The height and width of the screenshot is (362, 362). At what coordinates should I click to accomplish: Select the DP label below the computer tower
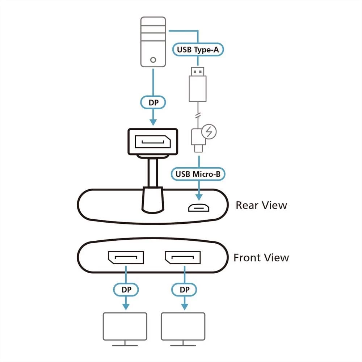(153, 103)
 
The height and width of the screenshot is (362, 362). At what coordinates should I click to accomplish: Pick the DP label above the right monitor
(185, 290)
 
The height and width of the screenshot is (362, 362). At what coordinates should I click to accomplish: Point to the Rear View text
(261, 205)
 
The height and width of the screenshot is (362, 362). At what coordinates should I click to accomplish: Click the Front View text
(261, 258)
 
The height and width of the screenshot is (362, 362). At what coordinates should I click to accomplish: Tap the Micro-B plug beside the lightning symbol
(198, 139)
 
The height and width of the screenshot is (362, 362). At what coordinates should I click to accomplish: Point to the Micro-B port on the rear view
(198, 208)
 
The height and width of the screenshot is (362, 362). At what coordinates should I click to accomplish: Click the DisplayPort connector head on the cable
(152, 142)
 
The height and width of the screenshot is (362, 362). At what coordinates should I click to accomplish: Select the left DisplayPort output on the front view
(125, 257)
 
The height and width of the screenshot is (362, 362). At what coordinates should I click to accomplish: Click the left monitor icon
(125, 328)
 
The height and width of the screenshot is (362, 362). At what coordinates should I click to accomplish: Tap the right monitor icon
(183, 328)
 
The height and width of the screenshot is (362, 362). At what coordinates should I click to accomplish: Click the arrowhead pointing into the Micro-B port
(198, 197)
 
